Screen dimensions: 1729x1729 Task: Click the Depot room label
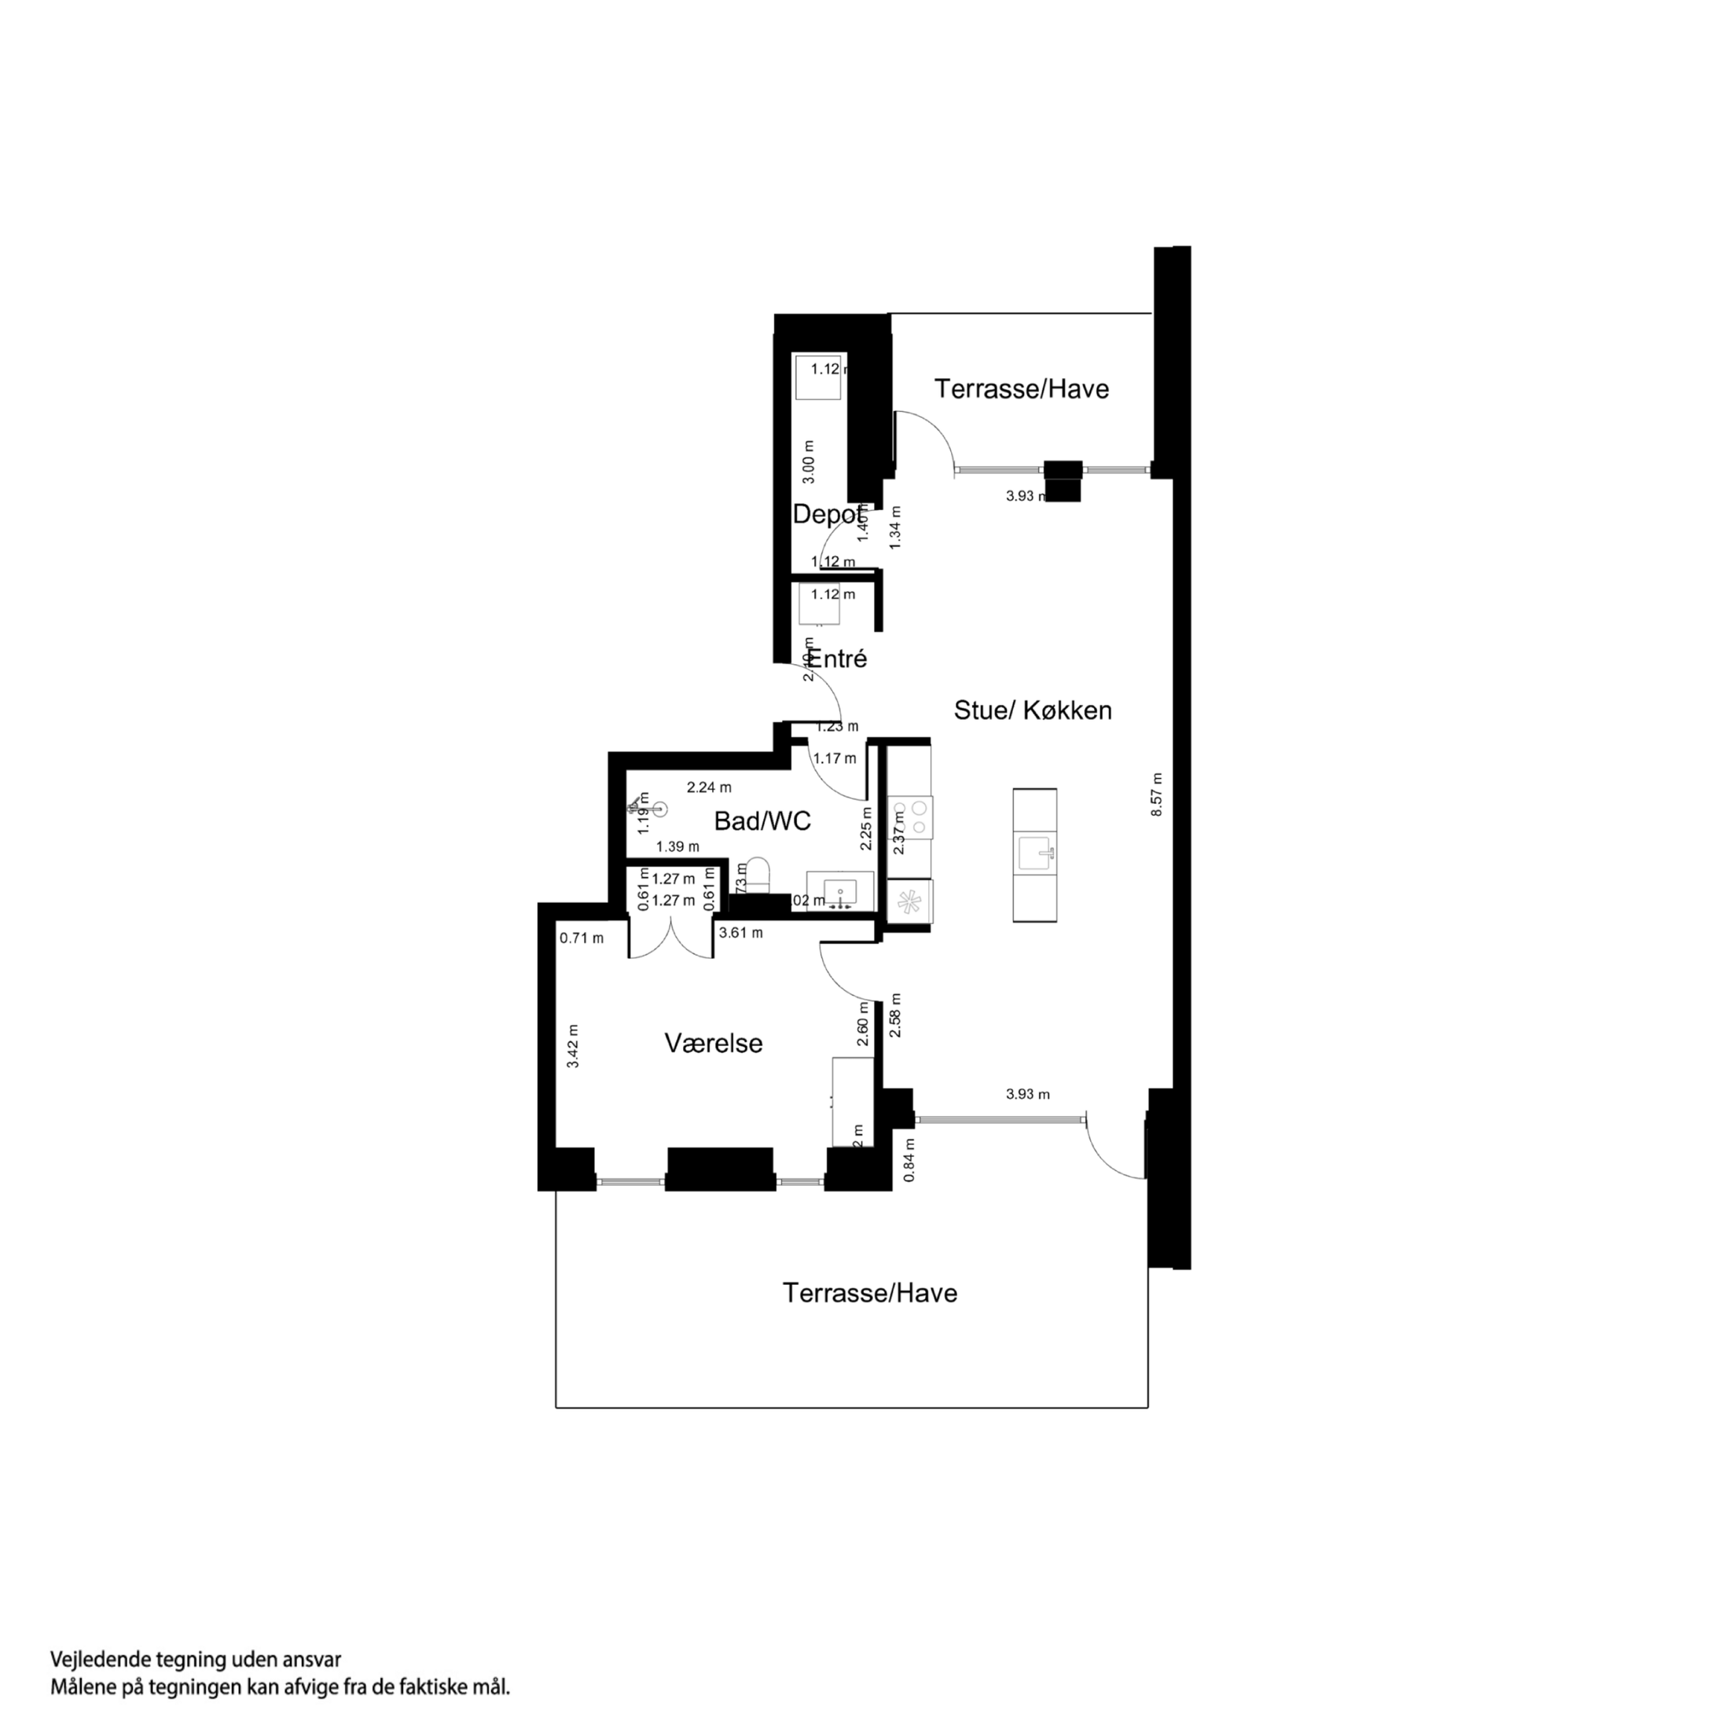828,515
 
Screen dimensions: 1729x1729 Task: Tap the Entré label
839,659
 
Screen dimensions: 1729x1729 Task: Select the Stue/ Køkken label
1033,710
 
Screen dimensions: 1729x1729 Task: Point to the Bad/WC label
762,820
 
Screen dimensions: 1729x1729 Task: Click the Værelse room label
714,1044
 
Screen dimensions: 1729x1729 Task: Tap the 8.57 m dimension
1156,795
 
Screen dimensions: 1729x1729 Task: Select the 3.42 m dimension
574,1046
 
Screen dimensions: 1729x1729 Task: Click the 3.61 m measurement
741,934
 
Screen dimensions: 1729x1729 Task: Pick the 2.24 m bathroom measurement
709,787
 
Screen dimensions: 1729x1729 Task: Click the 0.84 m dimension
909,1160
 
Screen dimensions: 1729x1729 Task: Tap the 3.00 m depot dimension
808,462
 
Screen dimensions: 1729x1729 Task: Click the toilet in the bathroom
758,875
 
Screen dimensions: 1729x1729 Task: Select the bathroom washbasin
839,892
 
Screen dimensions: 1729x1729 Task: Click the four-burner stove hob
910,818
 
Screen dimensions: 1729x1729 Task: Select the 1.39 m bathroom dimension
677,846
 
